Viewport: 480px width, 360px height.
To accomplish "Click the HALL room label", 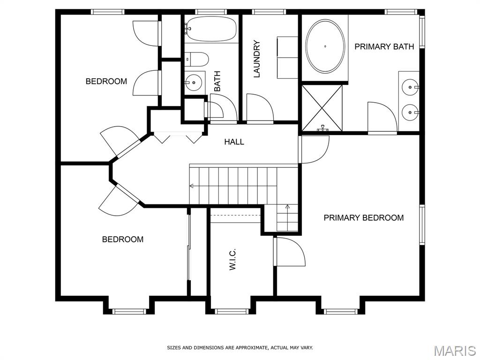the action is [234, 142].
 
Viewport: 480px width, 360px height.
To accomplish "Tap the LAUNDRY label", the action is [256, 59].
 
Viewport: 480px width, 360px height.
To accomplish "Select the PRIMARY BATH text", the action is [384, 46].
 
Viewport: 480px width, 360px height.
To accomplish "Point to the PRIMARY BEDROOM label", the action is [364, 217].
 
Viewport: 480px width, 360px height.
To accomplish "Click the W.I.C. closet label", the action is [232, 259].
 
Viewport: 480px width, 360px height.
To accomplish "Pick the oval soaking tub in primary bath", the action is [325, 46].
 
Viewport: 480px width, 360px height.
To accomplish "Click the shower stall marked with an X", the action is [322, 108].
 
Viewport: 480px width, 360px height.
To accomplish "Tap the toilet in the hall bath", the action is [196, 59].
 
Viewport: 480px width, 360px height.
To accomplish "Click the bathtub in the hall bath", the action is [211, 29].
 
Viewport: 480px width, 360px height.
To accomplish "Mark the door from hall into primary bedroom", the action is [314, 150].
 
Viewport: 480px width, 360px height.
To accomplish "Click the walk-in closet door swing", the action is [290, 251].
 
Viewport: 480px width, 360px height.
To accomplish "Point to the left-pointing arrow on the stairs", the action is [193, 186].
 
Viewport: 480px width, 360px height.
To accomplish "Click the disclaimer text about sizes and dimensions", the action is [240, 348].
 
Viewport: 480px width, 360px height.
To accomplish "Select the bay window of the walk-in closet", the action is [231, 311].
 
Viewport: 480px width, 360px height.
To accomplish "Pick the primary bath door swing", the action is [382, 118].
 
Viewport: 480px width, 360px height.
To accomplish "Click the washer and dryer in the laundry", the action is [287, 58].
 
